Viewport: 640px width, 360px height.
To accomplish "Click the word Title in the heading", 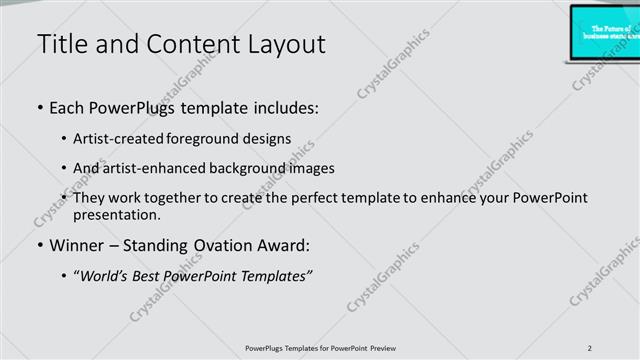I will (x=62, y=44).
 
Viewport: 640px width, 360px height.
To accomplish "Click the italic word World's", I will (x=103, y=276).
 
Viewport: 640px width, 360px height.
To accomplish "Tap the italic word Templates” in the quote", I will (x=278, y=276).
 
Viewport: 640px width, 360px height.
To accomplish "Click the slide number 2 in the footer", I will (x=590, y=347).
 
